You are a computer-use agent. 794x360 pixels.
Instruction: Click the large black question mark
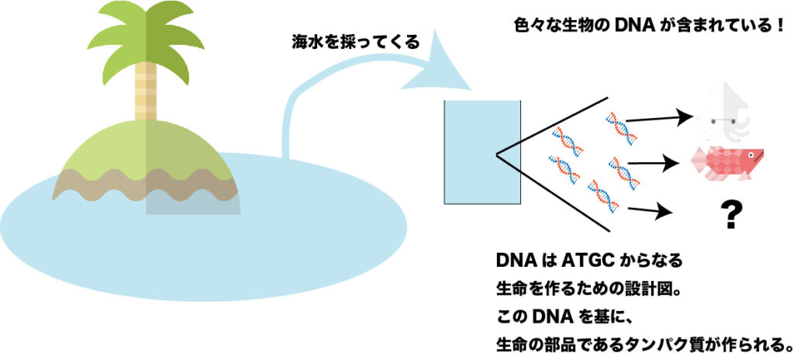(x=730, y=215)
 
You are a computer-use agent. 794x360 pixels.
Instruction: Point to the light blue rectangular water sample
(x=482, y=152)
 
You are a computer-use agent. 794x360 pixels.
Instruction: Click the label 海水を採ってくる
(x=356, y=43)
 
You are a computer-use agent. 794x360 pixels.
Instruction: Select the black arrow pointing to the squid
(x=659, y=119)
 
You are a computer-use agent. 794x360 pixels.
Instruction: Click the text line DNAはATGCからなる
(x=589, y=261)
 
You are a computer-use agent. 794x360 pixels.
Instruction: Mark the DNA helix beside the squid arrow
(x=621, y=129)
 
